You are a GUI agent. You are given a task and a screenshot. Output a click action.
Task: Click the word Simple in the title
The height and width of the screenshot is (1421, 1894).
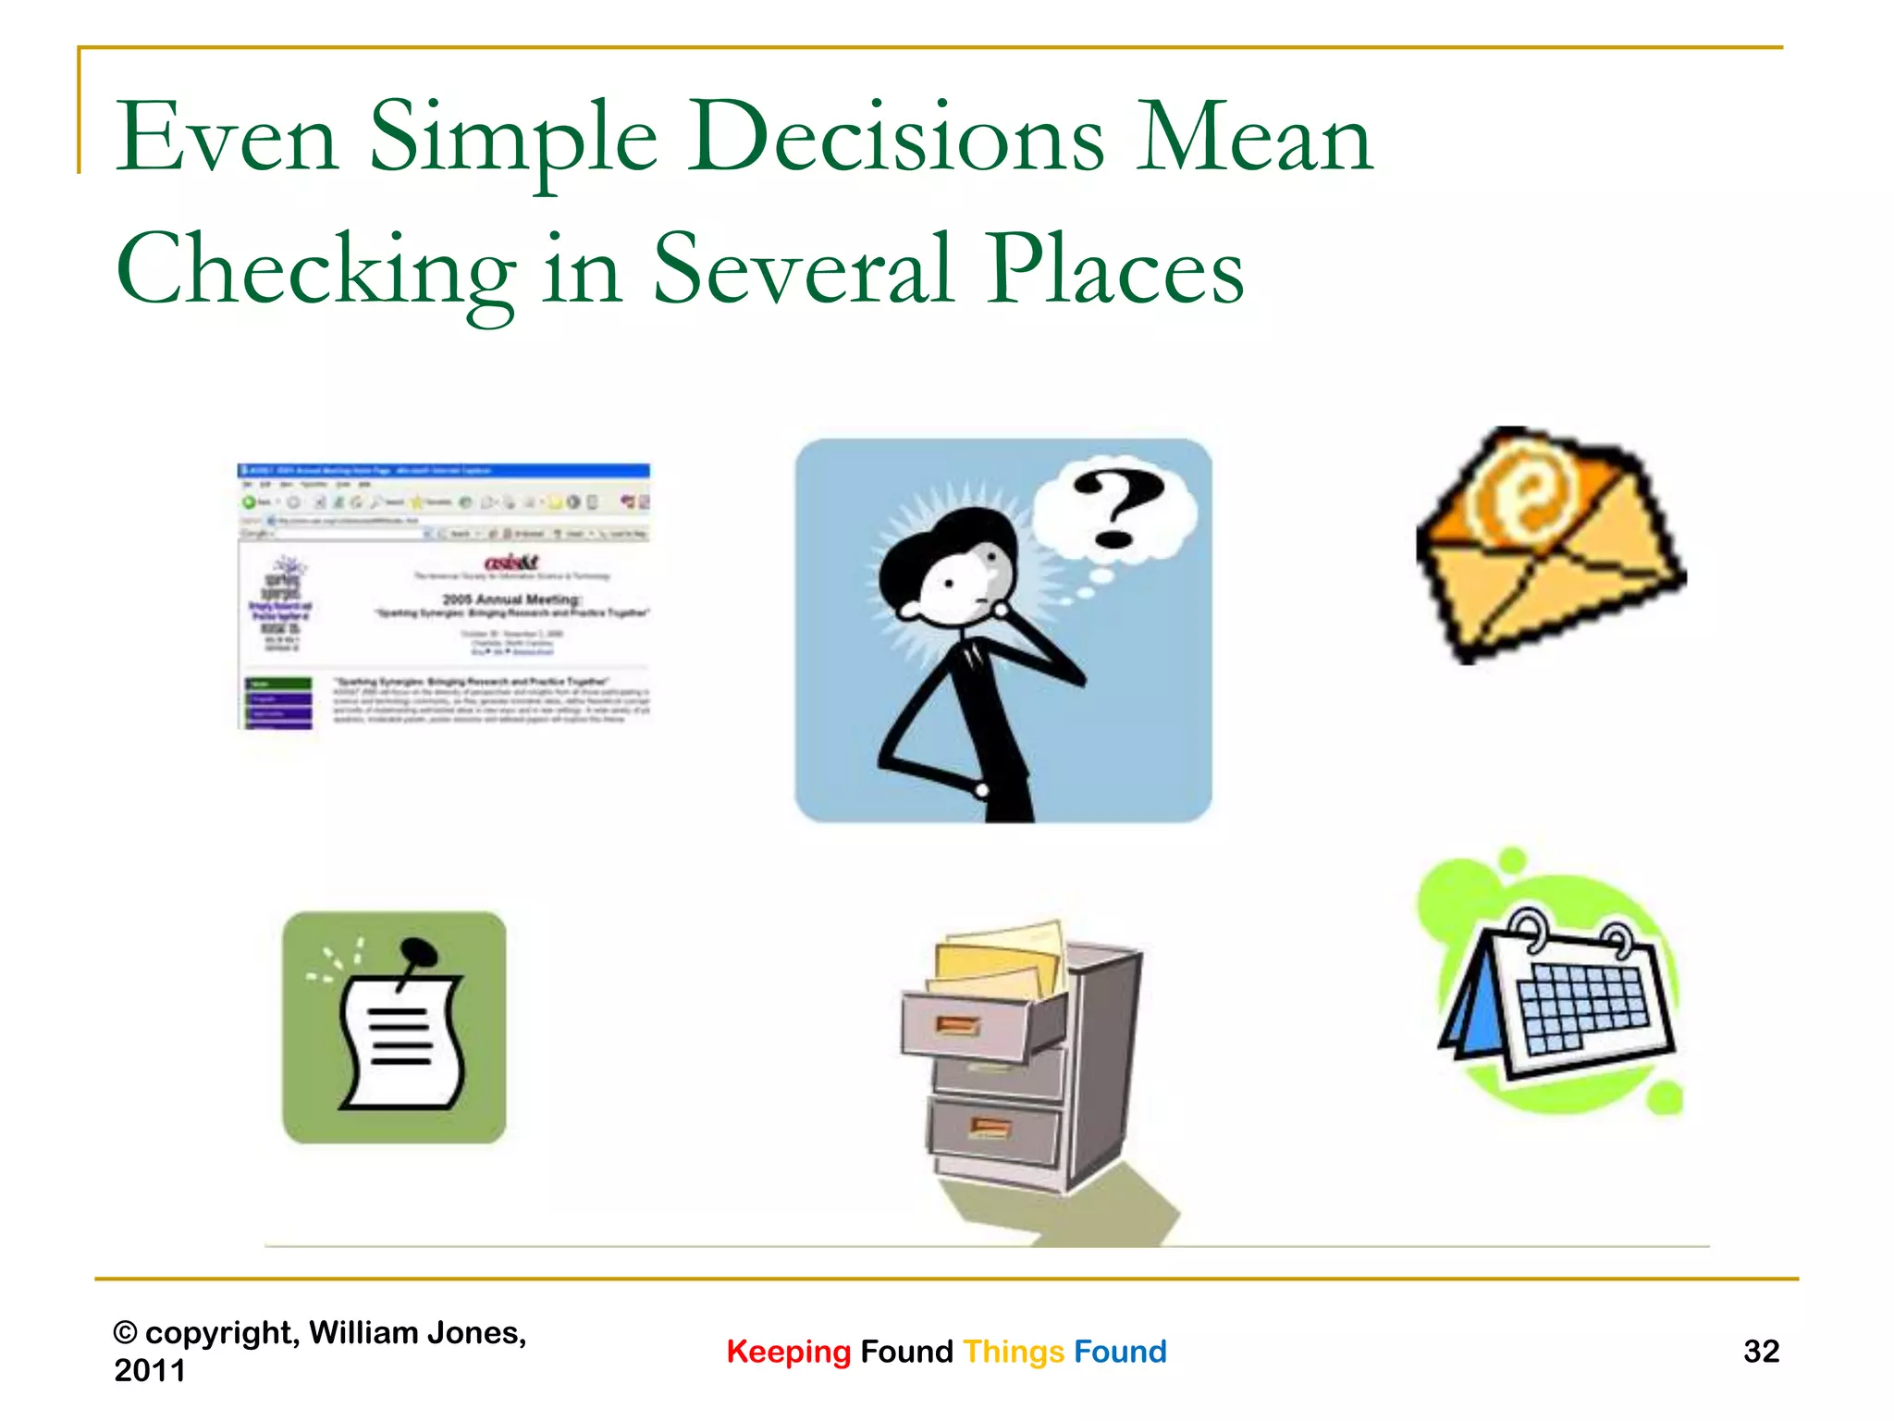click(x=513, y=139)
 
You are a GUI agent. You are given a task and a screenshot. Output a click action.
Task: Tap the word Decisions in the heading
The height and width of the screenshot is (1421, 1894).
click(x=895, y=139)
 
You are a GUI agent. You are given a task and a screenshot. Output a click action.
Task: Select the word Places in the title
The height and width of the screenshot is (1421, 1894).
click(x=1114, y=270)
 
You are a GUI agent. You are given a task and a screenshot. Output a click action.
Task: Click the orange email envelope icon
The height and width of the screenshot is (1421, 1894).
click(x=1549, y=546)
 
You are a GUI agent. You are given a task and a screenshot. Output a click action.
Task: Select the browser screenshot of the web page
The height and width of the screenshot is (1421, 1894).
click(x=444, y=597)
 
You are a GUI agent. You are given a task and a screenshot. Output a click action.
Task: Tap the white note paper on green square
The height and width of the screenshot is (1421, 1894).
click(x=402, y=1041)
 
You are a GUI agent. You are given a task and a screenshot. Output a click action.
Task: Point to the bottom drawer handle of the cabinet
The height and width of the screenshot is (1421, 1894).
click(x=990, y=1127)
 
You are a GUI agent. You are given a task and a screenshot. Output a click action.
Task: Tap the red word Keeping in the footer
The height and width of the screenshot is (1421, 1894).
click(x=788, y=1352)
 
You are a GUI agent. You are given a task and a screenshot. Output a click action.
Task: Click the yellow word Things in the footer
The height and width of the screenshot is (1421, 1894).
click(x=1014, y=1352)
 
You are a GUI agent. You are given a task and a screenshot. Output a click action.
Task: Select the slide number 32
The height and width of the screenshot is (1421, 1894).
click(x=1761, y=1352)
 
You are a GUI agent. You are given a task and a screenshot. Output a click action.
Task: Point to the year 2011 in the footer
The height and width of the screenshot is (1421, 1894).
click(x=150, y=1370)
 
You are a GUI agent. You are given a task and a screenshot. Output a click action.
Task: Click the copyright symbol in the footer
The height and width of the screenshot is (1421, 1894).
click(x=125, y=1333)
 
